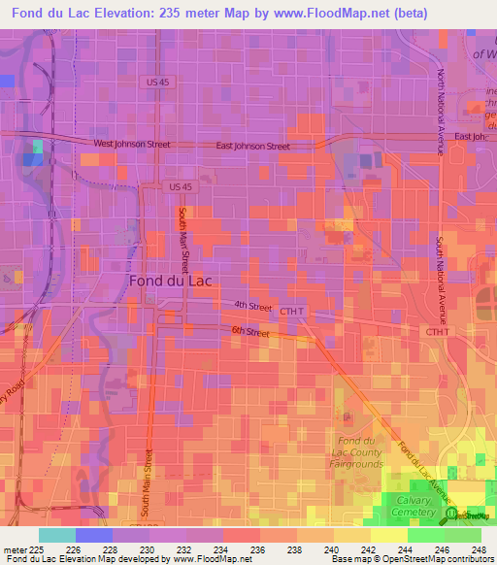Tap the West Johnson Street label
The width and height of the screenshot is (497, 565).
tap(131, 144)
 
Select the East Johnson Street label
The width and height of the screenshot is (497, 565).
tap(252, 147)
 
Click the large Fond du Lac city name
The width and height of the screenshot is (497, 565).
tap(171, 280)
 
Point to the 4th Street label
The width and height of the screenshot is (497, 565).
tap(252, 306)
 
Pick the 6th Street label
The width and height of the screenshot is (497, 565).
tap(250, 333)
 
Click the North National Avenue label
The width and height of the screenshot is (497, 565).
tap(440, 112)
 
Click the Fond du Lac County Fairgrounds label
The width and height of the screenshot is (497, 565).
tap(355, 451)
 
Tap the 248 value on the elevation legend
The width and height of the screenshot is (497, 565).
tap(480, 548)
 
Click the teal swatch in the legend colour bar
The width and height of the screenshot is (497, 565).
tap(56, 534)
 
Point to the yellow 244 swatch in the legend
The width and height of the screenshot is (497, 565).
tap(388, 534)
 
